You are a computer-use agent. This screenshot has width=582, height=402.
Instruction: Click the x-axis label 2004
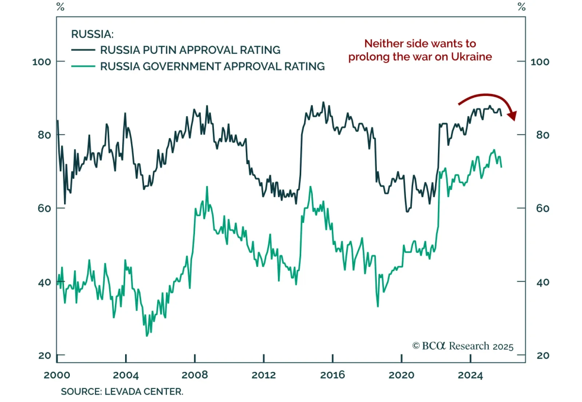point(125,375)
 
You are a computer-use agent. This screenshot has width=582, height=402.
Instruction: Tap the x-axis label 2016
point(332,375)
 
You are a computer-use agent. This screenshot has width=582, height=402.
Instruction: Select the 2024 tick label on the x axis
point(470,375)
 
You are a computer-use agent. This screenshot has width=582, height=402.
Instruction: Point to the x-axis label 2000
point(57,375)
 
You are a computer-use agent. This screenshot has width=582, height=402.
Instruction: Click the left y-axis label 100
point(41,62)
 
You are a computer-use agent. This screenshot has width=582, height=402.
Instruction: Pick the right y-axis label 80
point(542,135)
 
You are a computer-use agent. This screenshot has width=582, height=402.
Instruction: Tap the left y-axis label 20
point(44,356)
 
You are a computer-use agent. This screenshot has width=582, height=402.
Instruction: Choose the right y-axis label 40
point(542,282)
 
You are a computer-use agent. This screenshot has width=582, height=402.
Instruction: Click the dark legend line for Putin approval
point(83,50)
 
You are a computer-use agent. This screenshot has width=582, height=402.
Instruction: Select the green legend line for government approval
point(83,66)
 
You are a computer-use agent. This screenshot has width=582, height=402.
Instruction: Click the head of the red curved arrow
point(512,116)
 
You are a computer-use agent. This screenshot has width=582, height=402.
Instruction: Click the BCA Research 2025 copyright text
point(463,346)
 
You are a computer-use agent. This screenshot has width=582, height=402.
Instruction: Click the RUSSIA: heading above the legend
point(92,34)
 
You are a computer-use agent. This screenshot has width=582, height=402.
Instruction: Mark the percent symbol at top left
point(60,7)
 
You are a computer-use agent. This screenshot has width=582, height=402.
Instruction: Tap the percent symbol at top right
point(522,7)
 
